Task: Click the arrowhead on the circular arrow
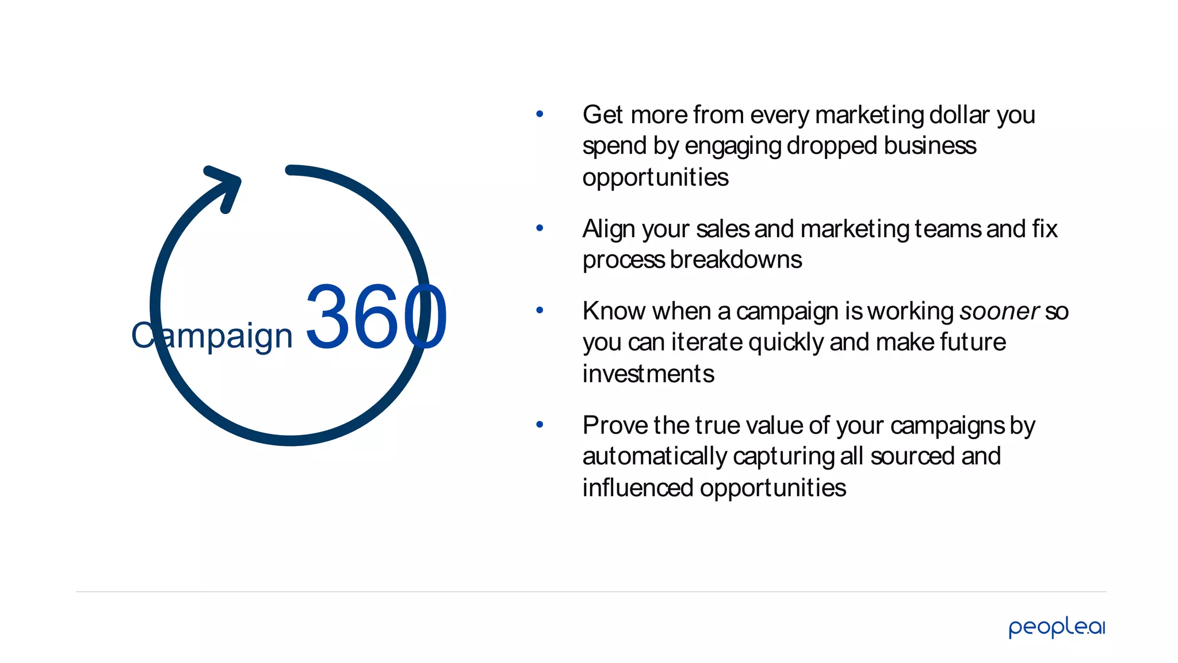pos(226,184)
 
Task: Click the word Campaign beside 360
pos(212,336)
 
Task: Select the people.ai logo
pos(1057,627)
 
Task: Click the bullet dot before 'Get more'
pos(540,114)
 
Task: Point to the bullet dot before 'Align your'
pos(540,228)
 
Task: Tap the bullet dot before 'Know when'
pos(540,311)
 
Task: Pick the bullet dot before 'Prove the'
pos(540,425)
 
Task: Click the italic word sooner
pos(999,311)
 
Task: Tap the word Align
pos(609,230)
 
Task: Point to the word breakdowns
pos(736,260)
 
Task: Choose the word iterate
pos(707,342)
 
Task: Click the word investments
pos(648,374)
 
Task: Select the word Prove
pos(615,426)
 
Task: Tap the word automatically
pos(655,457)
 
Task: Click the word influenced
pos(638,488)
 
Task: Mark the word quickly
pos(786,343)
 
